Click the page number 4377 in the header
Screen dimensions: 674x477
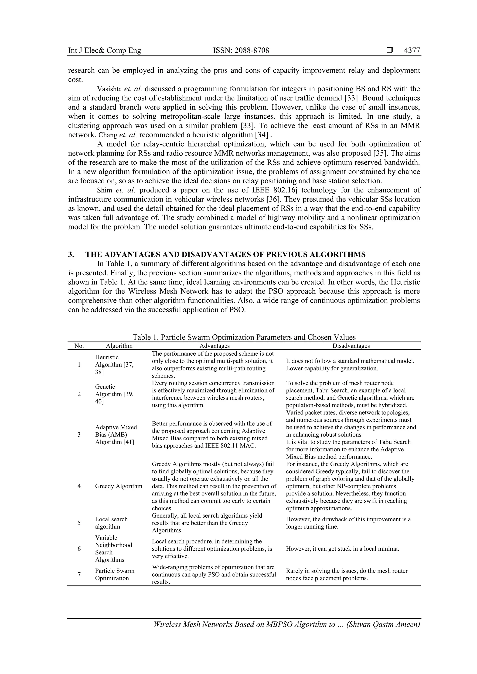coord(412,51)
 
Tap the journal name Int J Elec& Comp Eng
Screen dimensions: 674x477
coord(105,51)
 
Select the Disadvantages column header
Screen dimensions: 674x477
coord(351,346)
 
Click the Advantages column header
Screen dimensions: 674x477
coord(215,346)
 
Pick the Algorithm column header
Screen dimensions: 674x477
coord(119,346)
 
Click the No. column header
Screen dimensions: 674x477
coord(79,346)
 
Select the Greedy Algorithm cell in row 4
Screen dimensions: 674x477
coord(118,486)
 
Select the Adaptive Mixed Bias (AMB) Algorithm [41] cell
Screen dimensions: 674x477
coord(116,435)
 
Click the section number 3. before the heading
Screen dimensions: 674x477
coord(71,254)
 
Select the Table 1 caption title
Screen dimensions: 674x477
coord(244,337)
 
